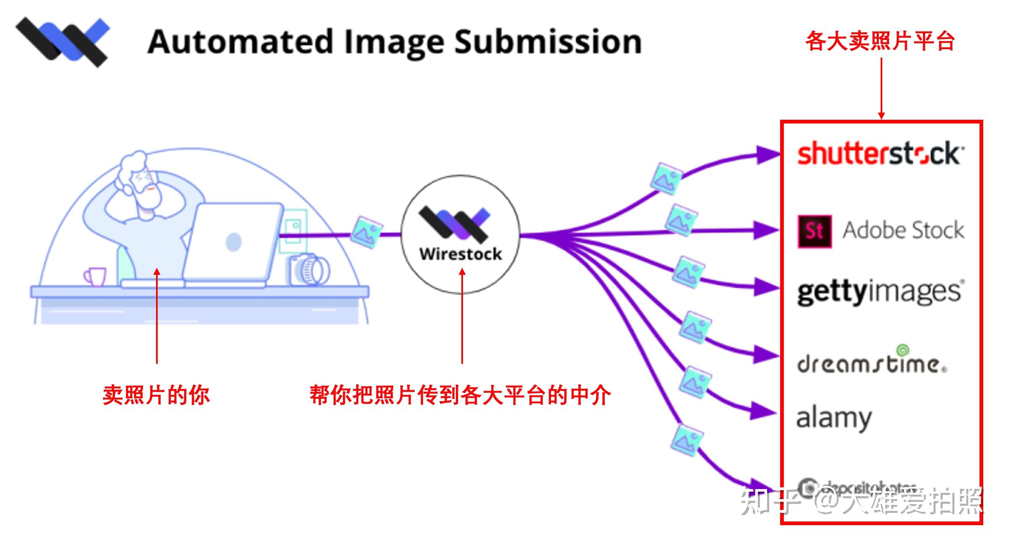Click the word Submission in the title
[548, 42]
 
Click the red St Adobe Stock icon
[815, 231]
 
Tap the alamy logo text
[834, 418]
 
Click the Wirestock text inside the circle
[461, 254]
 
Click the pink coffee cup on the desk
[96, 276]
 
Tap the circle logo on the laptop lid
[233, 242]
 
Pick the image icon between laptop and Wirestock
[366, 232]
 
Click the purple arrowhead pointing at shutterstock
[768, 155]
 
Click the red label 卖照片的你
[156, 395]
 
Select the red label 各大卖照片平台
[880, 41]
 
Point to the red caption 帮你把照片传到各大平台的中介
[460, 395]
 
